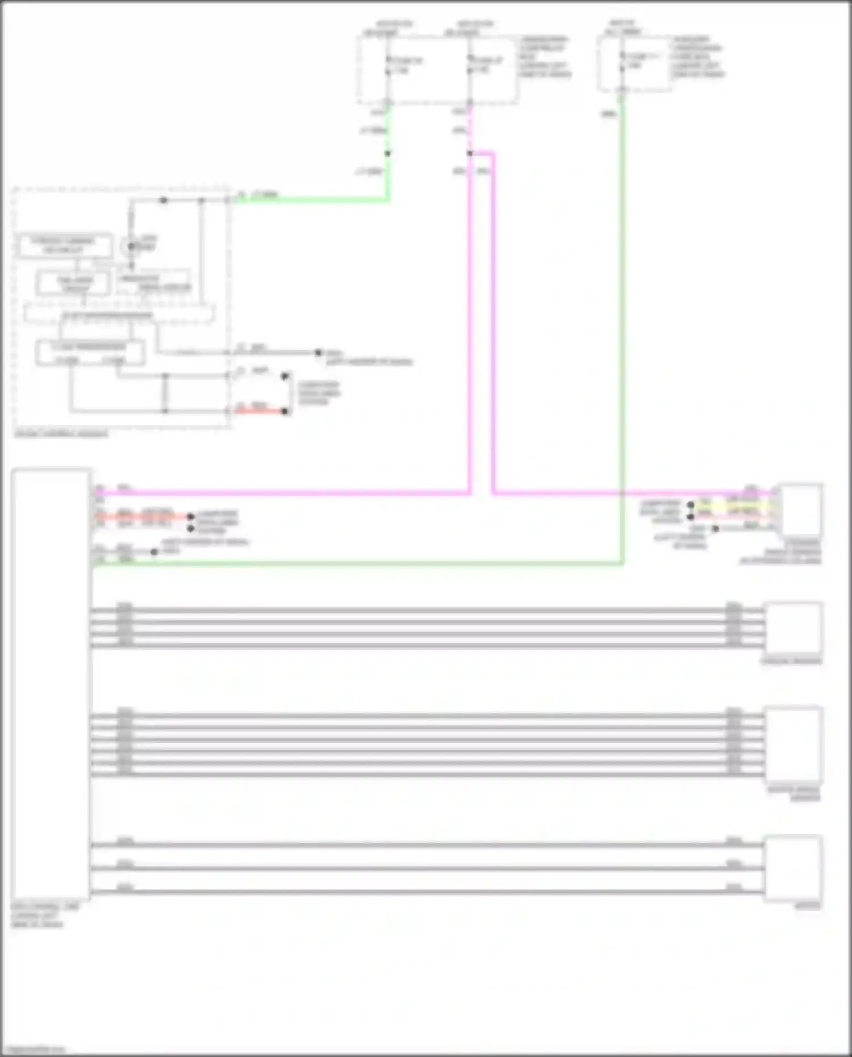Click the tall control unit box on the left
pyautogui.click(x=51, y=682)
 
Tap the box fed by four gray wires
pyautogui.click(x=793, y=628)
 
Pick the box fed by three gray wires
pyautogui.click(x=793, y=868)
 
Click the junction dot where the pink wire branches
pyautogui.click(x=470, y=153)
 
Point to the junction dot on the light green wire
pyautogui.click(x=388, y=153)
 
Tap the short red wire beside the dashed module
pyautogui.click(x=258, y=411)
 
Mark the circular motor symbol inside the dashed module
pyautogui.click(x=131, y=247)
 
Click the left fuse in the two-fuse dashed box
pyautogui.click(x=388, y=65)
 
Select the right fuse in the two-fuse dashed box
pyautogui.click(x=470, y=65)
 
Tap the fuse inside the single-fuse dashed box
pyautogui.click(x=623, y=62)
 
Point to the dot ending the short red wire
pyautogui.click(x=285, y=411)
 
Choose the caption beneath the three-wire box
pyautogui.click(x=807, y=906)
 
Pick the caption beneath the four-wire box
pyautogui.click(x=791, y=661)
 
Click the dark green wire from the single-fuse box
pyautogui.click(x=623, y=341)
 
